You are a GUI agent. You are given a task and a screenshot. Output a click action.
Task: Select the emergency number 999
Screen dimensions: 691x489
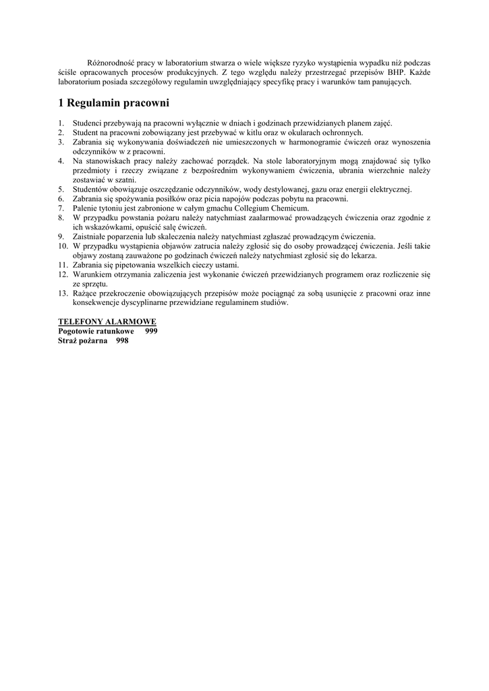pyautogui.click(x=151, y=331)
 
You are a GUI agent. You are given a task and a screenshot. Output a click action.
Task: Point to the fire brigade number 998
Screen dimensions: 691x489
pyautogui.click(x=122, y=341)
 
